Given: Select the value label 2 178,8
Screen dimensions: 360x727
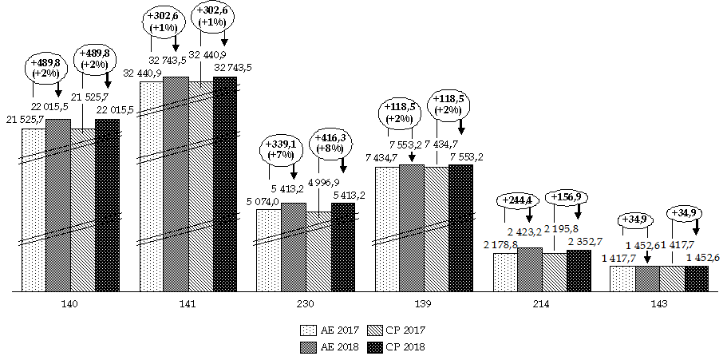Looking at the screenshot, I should (501, 245).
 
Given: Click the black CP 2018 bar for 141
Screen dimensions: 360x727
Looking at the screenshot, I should (225, 184).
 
